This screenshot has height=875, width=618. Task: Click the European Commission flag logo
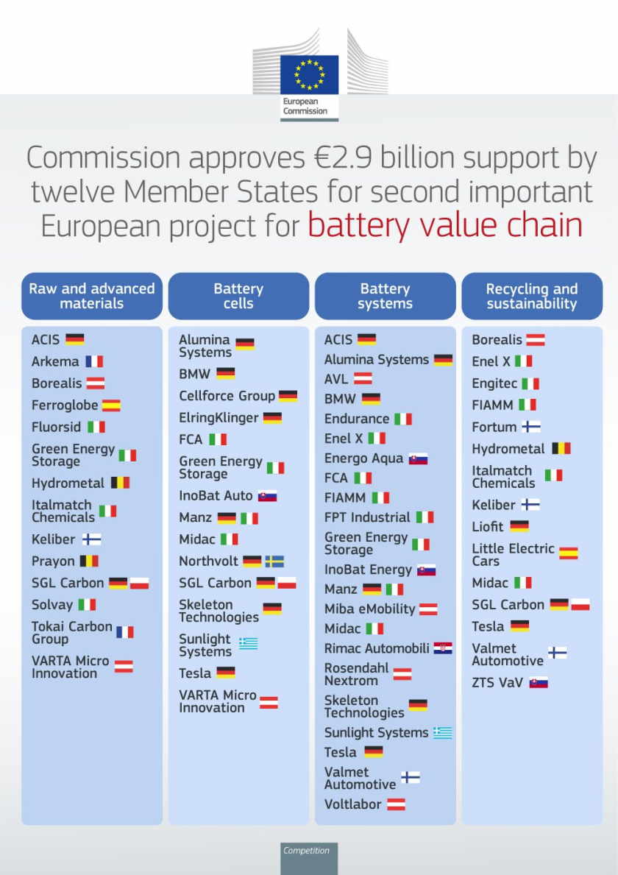(x=309, y=74)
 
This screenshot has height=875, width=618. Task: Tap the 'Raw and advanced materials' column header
(x=92, y=296)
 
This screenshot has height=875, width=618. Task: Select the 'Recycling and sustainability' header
(x=532, y=296)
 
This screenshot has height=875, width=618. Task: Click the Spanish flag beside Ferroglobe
(x=111, y=405)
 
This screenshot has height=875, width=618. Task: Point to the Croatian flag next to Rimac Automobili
(x=442, y=648)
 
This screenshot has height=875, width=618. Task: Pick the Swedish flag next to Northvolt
(x=274, y=561)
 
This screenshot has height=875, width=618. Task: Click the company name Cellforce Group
(x=227, y=396)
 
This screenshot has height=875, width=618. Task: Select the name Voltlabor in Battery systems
(x=353, y=804)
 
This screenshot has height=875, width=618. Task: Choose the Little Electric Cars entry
(x=513, y=554)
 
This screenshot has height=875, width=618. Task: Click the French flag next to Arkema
(x=94, y=361)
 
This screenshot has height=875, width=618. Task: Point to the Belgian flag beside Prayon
(x=89, y=561)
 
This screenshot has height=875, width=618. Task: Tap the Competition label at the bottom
(x=307, y=851)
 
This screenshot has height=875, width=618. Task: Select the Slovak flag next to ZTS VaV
(x=539, y=682)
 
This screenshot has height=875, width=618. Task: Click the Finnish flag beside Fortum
(x=531, y=427)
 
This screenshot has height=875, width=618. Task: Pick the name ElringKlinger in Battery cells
(x=219, y=418)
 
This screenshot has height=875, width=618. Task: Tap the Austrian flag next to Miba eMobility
(x=428, y=609)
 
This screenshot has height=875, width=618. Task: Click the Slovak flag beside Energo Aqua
(x=419, y=458)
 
